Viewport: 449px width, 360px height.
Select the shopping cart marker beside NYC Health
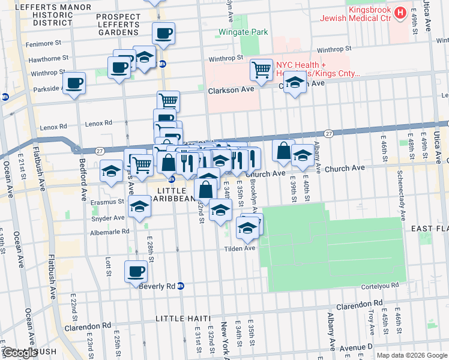(262, 70)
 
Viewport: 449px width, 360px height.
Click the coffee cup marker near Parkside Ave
(74, 83)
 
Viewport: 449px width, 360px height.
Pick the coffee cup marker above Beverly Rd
(136, 272)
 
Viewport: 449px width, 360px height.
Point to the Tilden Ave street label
(240, 248)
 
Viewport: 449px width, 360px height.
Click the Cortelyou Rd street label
(384, 286)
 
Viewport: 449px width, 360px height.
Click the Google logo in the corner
(20, 353)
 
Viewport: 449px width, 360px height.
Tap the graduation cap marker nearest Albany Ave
(302, 156)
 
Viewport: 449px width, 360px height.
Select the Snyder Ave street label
(111, 218)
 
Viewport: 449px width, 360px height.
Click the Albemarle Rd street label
(109, 231)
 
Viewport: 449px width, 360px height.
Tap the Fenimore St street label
(46, 44)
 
